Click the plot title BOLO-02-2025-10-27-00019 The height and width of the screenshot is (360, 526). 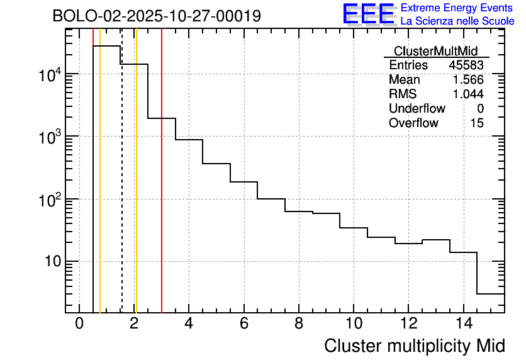point(157,16)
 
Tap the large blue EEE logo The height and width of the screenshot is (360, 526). point(369,14)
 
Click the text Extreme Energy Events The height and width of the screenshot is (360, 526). point(457,8)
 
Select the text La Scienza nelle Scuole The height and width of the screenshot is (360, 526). point(457,21)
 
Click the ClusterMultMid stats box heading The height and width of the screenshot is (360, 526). point(435,51)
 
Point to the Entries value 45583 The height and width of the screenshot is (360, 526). point(466,65)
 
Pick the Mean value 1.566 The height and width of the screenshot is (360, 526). point(468,80)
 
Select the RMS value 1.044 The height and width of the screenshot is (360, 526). point(468,94)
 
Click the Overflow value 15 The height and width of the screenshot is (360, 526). point(477,123)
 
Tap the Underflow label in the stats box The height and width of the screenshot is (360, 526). point(417,109)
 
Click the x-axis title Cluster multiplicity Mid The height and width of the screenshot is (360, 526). point(414,346)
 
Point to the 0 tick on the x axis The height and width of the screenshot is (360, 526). point(79,323)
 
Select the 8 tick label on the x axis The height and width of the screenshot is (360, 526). point(298,323)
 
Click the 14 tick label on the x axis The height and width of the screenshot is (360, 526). point(462,323)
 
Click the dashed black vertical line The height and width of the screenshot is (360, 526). point(122,189)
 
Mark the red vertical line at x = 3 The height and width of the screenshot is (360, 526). point(162,189)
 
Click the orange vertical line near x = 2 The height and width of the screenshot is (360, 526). point(136,189)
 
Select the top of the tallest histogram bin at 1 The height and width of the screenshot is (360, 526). point(106,46)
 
